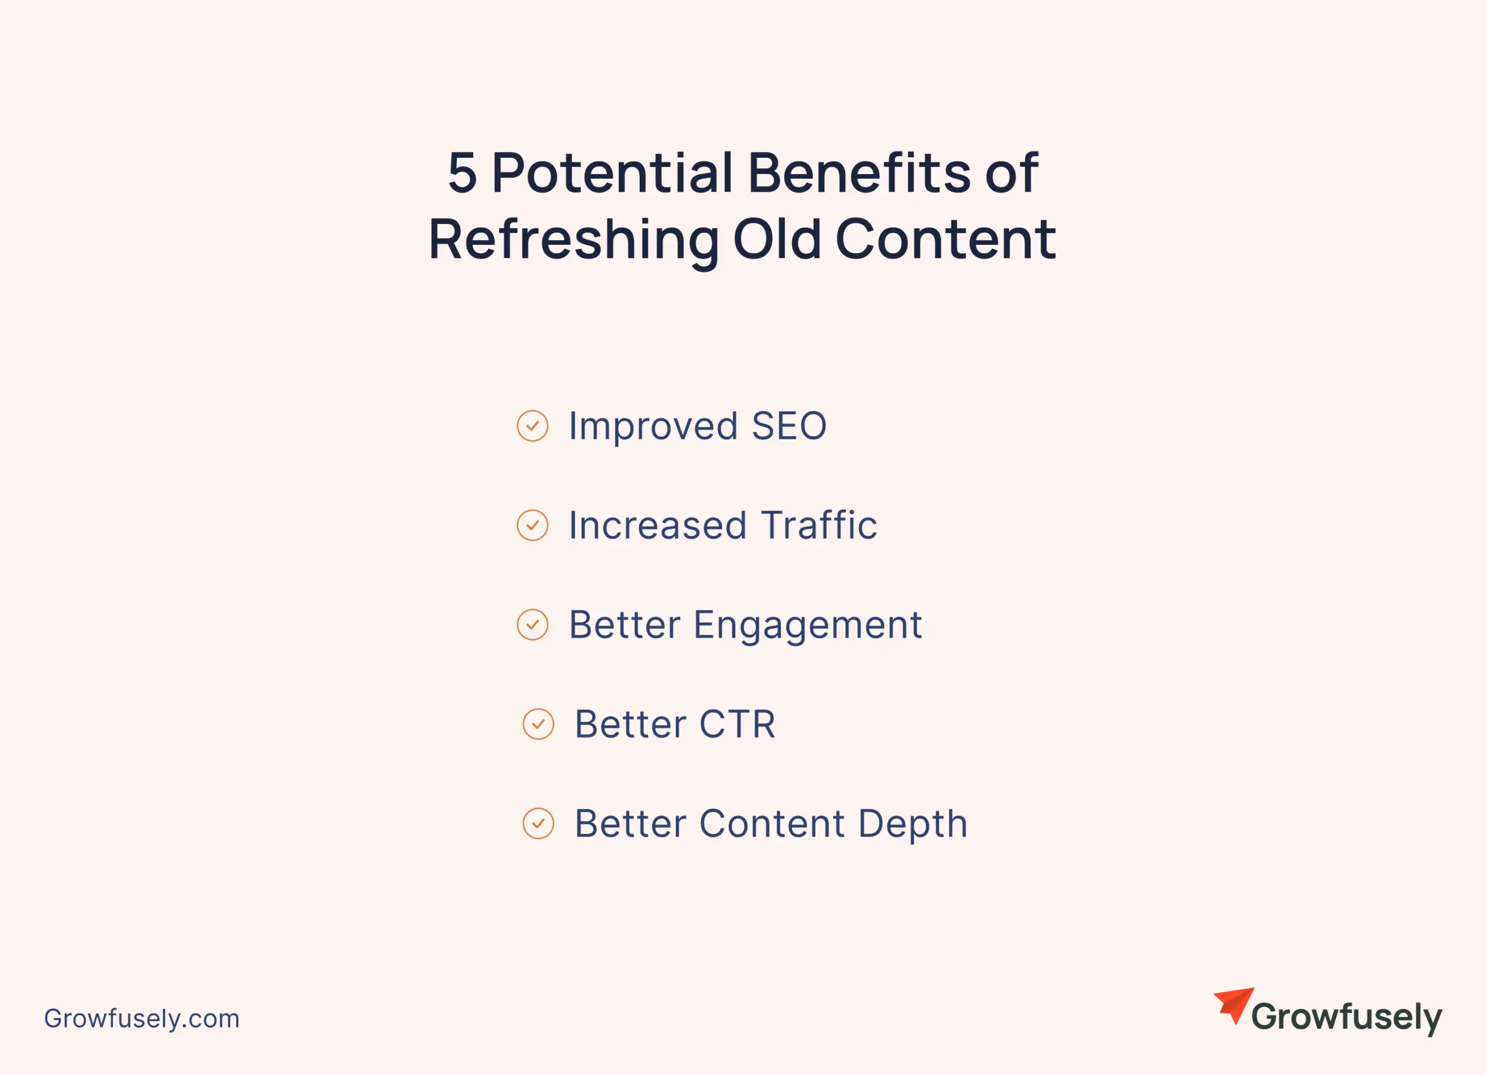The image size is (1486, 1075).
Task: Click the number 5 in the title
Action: coord(462,173)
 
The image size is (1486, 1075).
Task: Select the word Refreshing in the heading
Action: coord(574,240)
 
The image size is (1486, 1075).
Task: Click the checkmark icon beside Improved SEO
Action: coord(533,426)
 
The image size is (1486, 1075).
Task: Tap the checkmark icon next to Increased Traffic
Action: coord(533,526)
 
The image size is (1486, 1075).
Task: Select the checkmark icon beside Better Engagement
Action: coord(533,625)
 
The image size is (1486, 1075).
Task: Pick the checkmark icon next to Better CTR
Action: coord(539,724)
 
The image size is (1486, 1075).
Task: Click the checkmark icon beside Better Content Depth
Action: coord(539,824)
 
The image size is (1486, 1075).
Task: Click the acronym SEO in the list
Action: coord(789,426)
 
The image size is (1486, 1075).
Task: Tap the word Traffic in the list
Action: coord(819,525)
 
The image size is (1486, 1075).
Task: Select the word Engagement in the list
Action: coord(808,626)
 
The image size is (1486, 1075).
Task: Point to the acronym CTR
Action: coord(738,724)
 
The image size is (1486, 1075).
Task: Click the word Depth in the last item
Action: coord(912,824)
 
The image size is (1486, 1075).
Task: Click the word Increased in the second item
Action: coord(658,525)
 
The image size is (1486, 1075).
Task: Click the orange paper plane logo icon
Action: coord(1233,1005)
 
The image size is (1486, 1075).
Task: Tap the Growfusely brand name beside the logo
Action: coord(1347,1018)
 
